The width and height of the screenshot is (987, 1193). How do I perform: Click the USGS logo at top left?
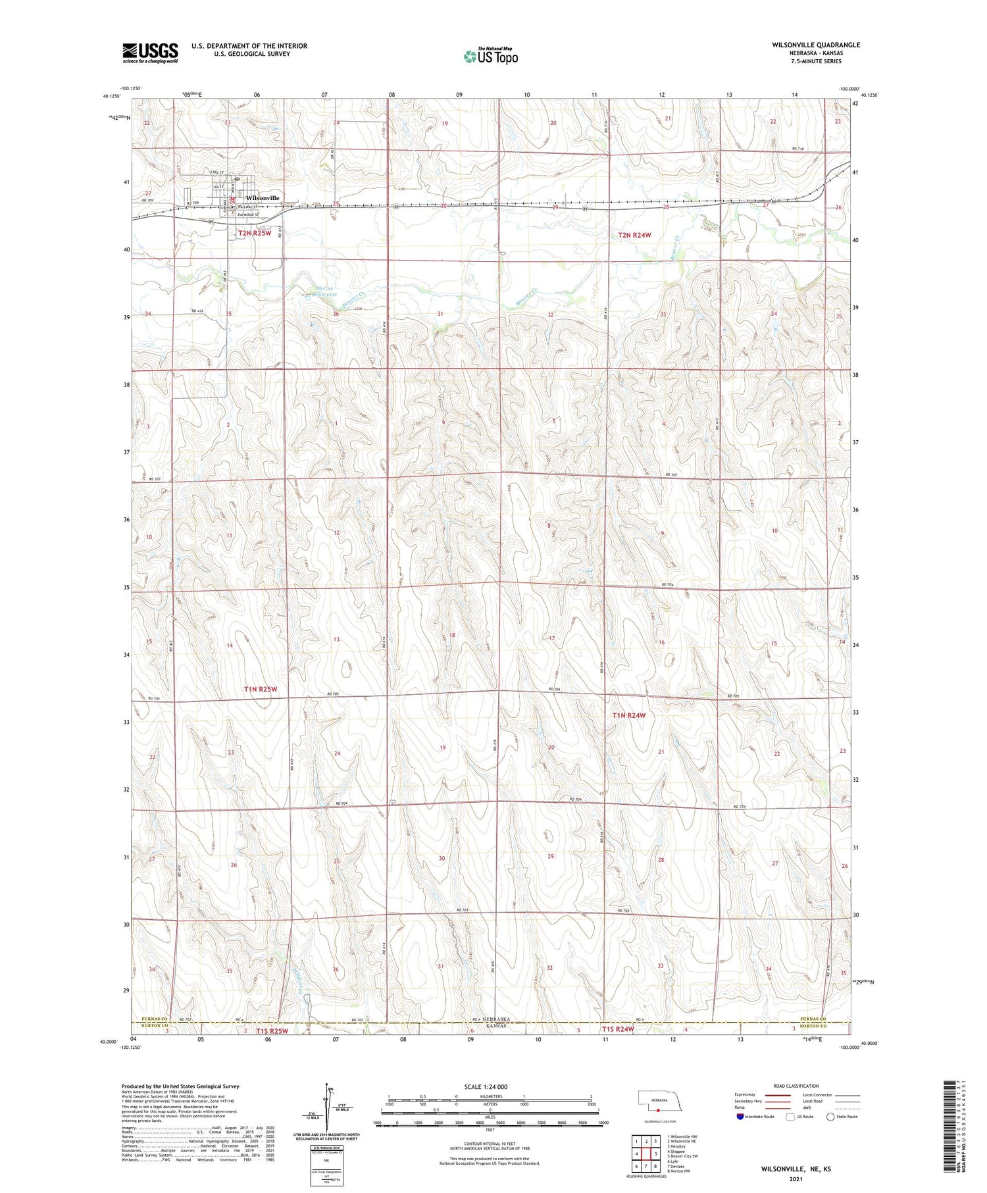click(x=150, y=53)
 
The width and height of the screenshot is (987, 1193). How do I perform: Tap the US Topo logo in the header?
click(x=491, y=57)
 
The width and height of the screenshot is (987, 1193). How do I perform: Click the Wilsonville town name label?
click(x=263, y=198)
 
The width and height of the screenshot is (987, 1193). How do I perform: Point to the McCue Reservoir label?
click(x=317, y=292)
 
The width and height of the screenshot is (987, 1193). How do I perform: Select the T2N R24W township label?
click(x=634, y=235)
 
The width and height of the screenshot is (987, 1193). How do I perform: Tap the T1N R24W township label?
click(x=629, y=715)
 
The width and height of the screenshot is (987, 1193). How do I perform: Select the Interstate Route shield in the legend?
click(x=740, y=1117)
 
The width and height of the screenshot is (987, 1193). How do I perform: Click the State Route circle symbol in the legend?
click(x=830, y=1117)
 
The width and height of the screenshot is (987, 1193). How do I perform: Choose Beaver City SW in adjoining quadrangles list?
click(x=682, y=1155)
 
